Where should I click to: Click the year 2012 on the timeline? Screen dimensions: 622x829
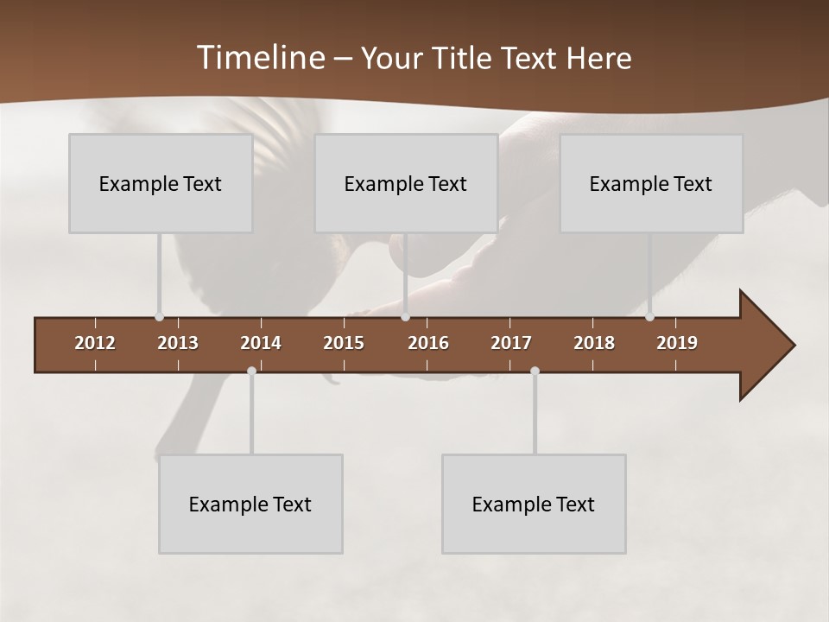[x=95, y=343]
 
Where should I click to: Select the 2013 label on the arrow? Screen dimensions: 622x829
[x=178, y=343]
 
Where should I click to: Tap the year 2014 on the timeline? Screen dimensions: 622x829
[x=261, y=343]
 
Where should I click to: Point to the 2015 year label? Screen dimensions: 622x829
[x=344, y=343]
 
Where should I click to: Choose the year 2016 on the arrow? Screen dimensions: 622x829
[x=428, y=343]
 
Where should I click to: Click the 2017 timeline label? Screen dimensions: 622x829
[x=511, y=343]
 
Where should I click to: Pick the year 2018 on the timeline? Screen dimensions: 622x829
[x=594, y=343]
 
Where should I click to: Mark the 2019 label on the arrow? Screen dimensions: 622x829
[x=677, y=343]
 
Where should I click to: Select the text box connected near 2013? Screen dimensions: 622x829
[x=161, y=184]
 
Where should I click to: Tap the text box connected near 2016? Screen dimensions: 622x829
[x=406, y=184]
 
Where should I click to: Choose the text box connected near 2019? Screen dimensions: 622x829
[x=651, y=184]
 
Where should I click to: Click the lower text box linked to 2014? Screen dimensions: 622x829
[x=250, y=505]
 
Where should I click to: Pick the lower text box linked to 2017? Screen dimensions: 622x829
[x=534, y=505]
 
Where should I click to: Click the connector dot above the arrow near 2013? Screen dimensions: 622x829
[x=159, y=317]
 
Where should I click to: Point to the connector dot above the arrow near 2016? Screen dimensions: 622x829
[x=405, y=317]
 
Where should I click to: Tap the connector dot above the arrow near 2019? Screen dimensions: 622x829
[x=649, y=317]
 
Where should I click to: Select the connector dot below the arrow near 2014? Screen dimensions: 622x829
[x=251, y=371]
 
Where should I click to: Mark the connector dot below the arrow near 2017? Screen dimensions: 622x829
[x=535, y=371]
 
